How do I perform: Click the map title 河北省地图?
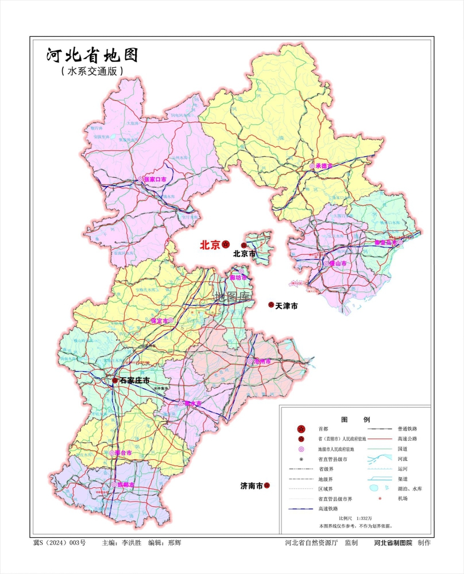coord(92,56)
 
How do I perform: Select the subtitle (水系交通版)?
coord(92,72)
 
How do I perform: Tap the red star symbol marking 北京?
coord(226,245)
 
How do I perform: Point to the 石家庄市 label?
coord(134,381)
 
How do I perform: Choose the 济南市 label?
coord(251,486)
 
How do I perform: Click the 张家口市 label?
coord(155,179)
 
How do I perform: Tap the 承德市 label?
coord(324,165)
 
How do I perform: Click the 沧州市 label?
coord(262,361)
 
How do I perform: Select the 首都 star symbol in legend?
coord(301,429)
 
